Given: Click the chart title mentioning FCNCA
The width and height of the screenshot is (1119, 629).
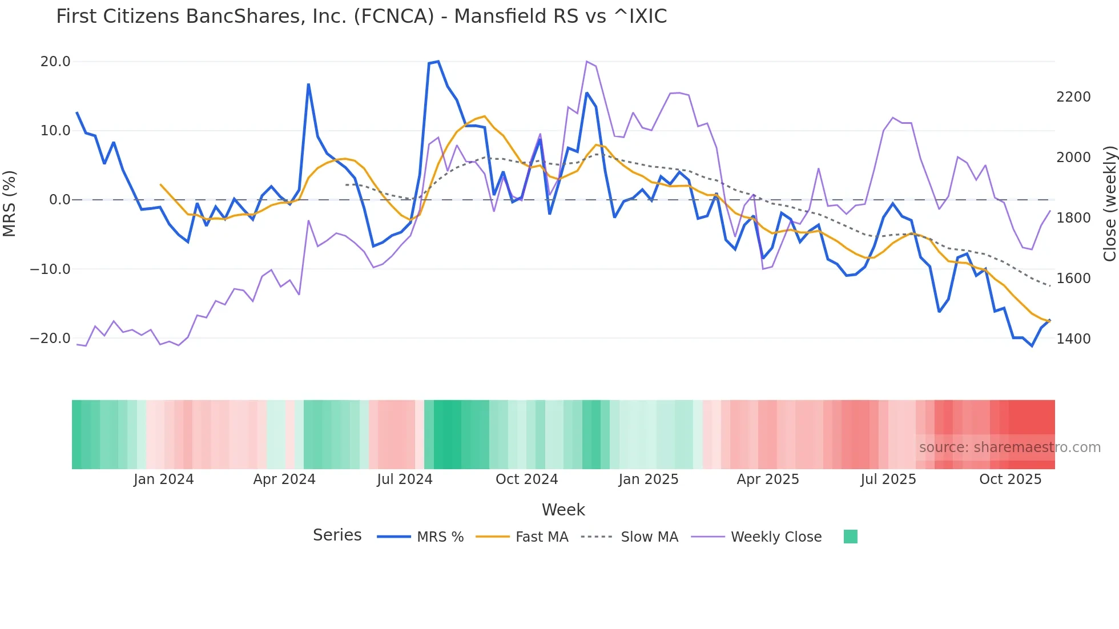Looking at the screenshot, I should click(361, 17).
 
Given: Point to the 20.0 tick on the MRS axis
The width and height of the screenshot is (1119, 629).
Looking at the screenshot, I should click(55, 62).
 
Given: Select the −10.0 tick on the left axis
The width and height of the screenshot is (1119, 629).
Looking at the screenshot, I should click(50, 269).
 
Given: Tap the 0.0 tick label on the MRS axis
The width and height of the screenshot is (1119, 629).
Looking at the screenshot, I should click(59, 200).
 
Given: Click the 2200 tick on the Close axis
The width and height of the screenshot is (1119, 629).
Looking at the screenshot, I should click(1073, 97).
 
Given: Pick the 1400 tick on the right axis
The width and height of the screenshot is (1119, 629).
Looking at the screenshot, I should click(1073, 339).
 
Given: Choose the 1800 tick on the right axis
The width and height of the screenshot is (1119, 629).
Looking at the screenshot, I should click(1073, 218).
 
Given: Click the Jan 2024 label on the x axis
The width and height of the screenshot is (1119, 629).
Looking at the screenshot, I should click(164, 479).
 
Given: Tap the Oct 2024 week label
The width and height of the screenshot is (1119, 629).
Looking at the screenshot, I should click(526, 479).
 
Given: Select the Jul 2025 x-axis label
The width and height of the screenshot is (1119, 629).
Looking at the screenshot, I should click(888, 479).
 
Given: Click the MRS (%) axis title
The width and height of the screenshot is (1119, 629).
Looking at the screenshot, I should click(10, 203).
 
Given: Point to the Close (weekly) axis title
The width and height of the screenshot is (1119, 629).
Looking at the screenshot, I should click(1109, 203).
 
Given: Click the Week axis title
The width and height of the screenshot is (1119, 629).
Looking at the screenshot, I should click(563, 510).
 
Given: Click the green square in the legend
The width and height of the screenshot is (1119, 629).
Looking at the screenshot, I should click(851, 537).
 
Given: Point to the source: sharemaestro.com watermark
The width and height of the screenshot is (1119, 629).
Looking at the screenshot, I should click(1009, 447).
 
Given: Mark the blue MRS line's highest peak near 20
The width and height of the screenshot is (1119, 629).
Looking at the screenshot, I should click(438, 61).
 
